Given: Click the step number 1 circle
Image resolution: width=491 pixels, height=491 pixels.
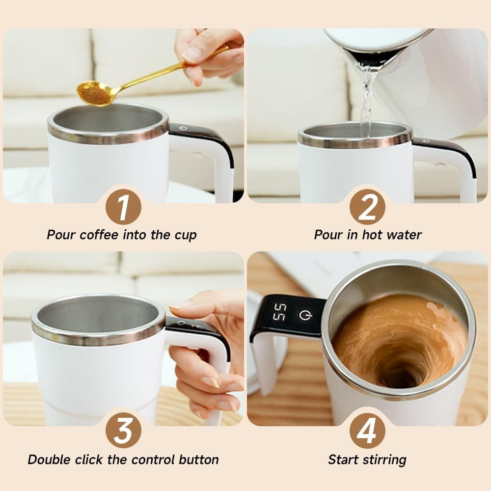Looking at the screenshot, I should (x=123, y=207).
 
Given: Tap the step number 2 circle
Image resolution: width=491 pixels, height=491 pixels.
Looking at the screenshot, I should (x=367, y=207).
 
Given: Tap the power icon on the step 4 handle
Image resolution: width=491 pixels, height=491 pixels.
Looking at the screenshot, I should (x=305, y=315).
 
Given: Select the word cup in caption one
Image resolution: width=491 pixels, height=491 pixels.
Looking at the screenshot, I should (x=186, y=235).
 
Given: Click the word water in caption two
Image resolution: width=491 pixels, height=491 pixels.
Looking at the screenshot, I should (x=404, y=235).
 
